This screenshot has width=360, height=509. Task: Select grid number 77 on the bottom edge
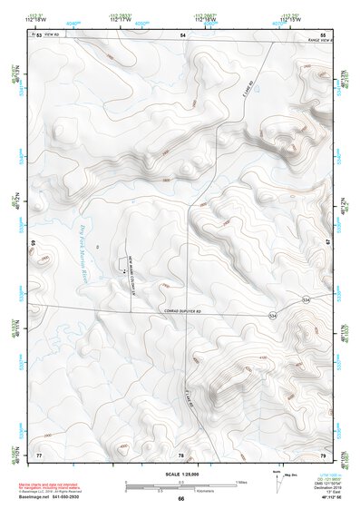[x=38, y=454]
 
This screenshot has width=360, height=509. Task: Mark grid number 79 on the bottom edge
[x=323, y=454]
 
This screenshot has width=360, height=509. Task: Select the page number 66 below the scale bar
[x=180, y=499]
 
